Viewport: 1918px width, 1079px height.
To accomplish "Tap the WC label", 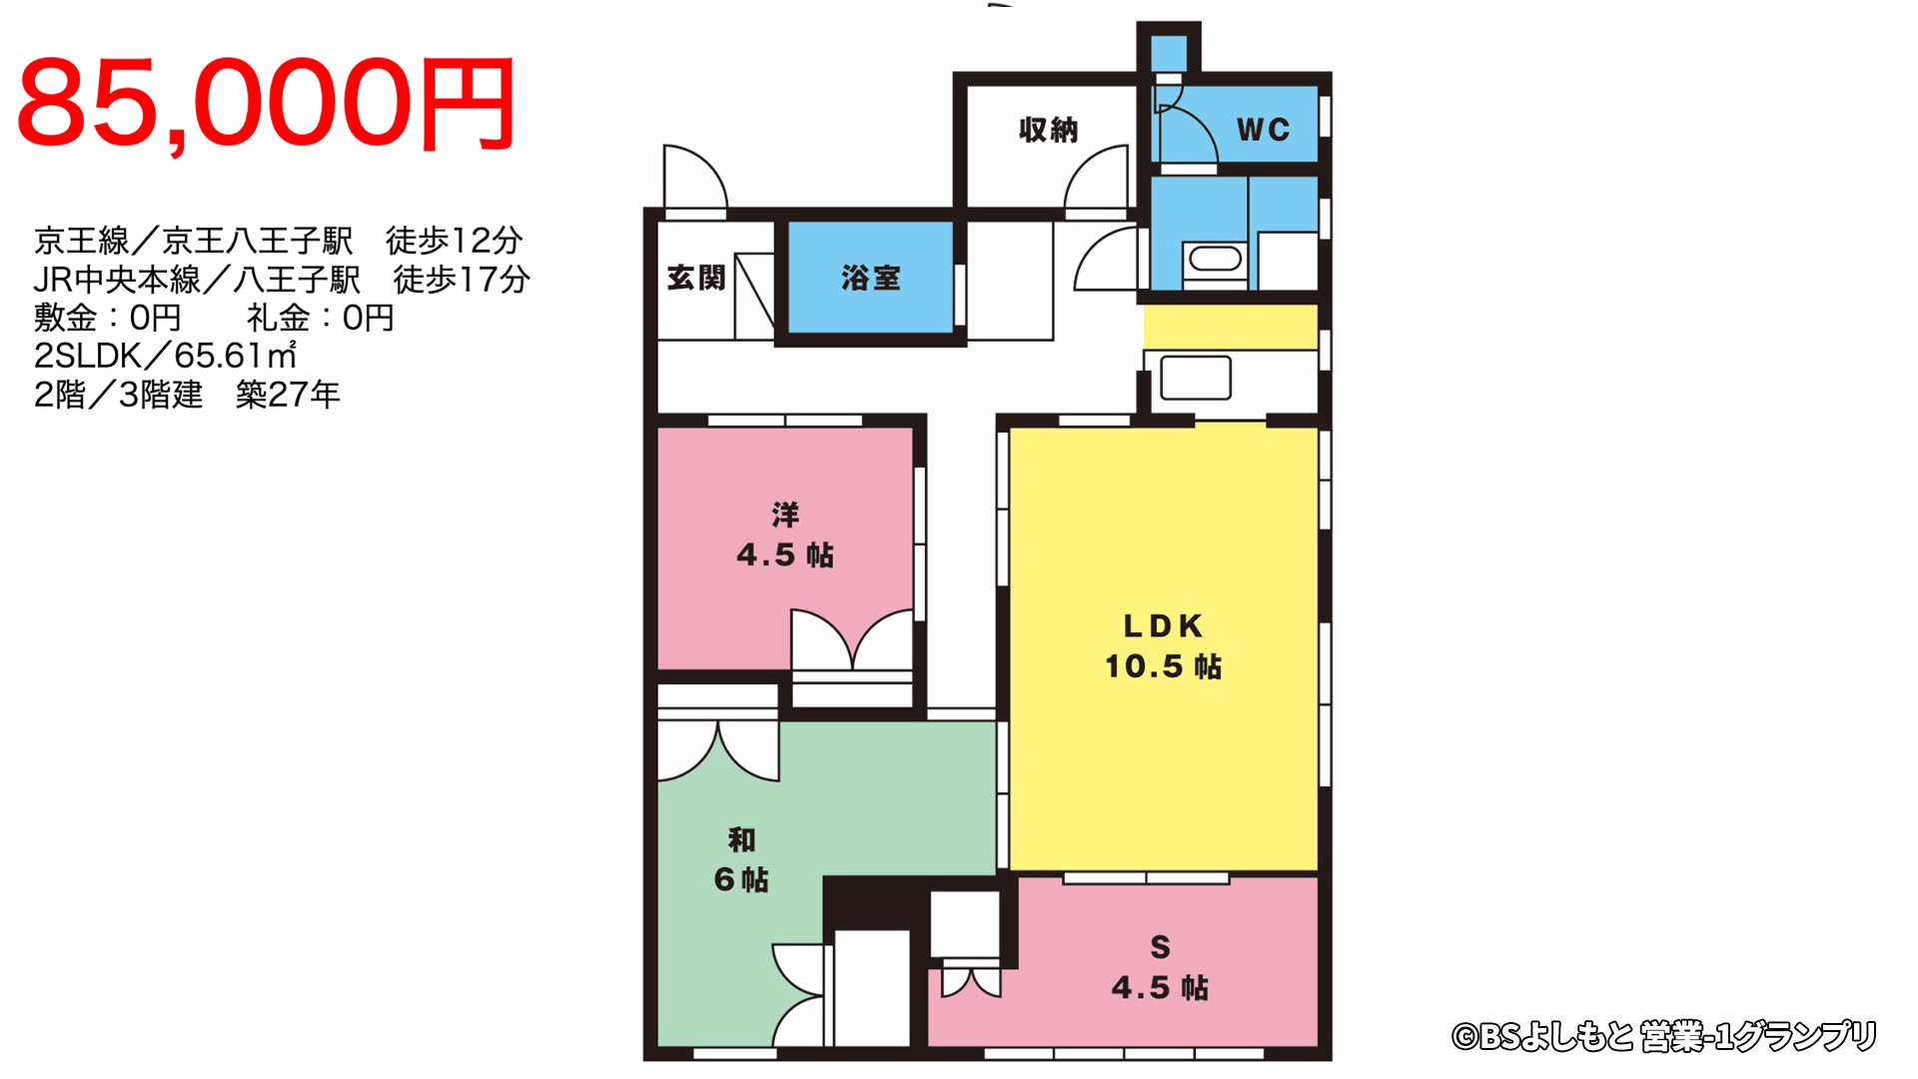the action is [1263, 130].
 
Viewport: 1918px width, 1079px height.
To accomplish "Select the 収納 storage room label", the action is [1048, 130].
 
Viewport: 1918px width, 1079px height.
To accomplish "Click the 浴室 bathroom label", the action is [870, 278].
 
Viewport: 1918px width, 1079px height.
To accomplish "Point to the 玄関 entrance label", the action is [696, 278].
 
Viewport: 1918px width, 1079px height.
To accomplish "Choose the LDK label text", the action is [1163, 626].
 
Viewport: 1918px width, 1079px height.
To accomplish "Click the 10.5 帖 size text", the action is [1163, 666].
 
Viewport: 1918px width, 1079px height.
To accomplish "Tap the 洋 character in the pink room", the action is [785, 515].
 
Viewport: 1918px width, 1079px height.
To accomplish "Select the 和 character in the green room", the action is [741, 839].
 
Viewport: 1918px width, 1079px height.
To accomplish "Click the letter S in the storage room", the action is [1160, 947].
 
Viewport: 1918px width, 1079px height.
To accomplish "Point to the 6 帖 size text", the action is [741, 879].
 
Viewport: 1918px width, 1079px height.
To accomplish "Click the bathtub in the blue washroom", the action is [1215, 260].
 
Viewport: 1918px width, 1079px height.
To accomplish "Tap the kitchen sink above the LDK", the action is [1196, 378].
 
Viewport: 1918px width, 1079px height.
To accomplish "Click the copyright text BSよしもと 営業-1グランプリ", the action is [1664, 1037].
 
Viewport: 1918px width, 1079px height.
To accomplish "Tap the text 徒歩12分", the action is [455, 240].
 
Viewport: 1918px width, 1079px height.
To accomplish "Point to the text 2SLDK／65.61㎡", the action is [166, 356].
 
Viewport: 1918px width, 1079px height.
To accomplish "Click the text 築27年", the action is [289, 395].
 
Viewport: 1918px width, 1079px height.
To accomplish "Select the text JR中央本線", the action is [116, 279].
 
